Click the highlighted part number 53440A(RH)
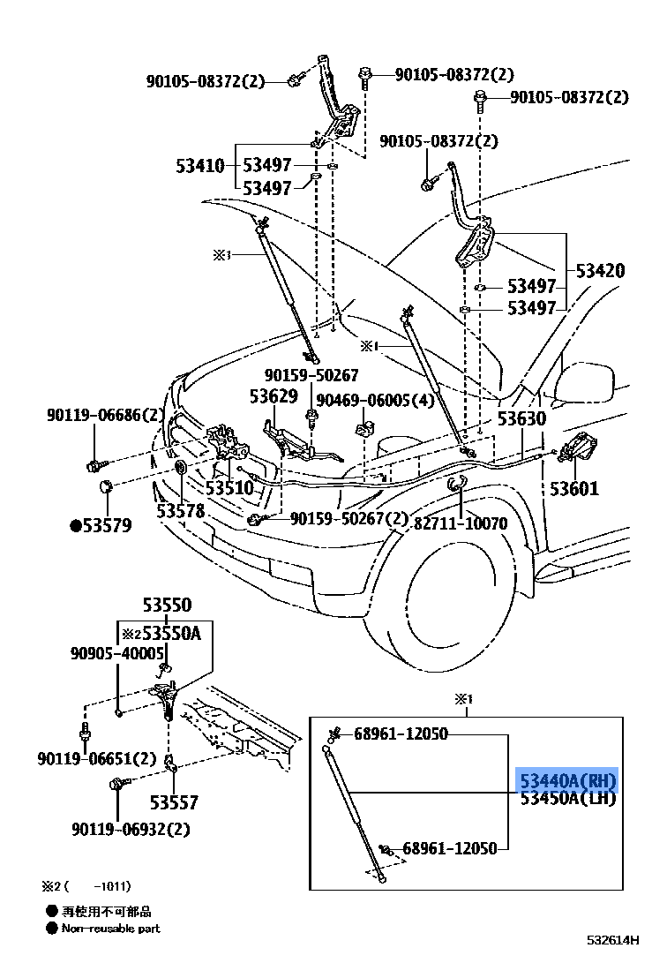tap(566, 780)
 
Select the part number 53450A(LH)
tap(566, 799)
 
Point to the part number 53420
tap(600, 270)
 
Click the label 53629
tap(273, 396)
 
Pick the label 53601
tap(574, 488)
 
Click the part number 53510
tap(229, 487)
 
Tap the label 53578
tap(181, 510)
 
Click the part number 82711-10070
tap(461, 523)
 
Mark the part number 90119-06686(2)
tap(106, 414)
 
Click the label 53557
tap(174, 802)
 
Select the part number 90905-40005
tap(117, 653)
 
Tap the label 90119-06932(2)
tap(131, 829)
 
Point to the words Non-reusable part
tap(110, 928)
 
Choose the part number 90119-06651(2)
tap(96, 758)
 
